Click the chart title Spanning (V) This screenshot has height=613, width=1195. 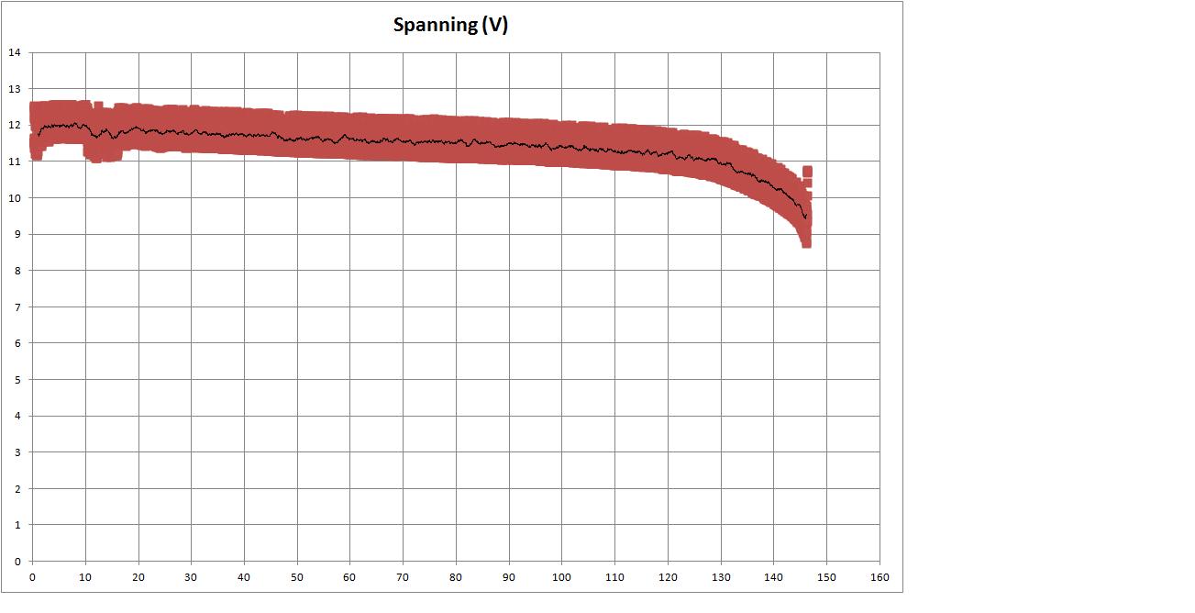[450, 25]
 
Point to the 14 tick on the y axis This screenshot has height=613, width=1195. [14, 52]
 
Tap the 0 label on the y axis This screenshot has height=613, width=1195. [17, 561]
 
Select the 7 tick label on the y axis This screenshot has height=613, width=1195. [17, 306]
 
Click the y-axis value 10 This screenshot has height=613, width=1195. [14, 197]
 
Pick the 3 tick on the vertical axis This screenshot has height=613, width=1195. [17, 451]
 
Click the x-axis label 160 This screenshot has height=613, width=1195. [879, 577]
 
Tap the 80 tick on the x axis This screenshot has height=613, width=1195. [456, 577]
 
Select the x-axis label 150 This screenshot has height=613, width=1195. [826, 577]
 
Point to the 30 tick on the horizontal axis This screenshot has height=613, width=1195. [191, 577]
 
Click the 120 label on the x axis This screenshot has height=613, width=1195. [668, 577]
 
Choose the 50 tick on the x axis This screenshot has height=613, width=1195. [297, 577]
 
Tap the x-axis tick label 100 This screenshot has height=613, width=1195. [561, 577]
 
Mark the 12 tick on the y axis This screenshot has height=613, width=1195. [14, 125]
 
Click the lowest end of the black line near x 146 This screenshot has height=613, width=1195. [805, 218]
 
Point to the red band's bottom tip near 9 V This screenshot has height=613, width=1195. [806, 243]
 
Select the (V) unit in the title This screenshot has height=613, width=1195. [494, 25]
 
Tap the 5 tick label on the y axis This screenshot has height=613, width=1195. [17, 379]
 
